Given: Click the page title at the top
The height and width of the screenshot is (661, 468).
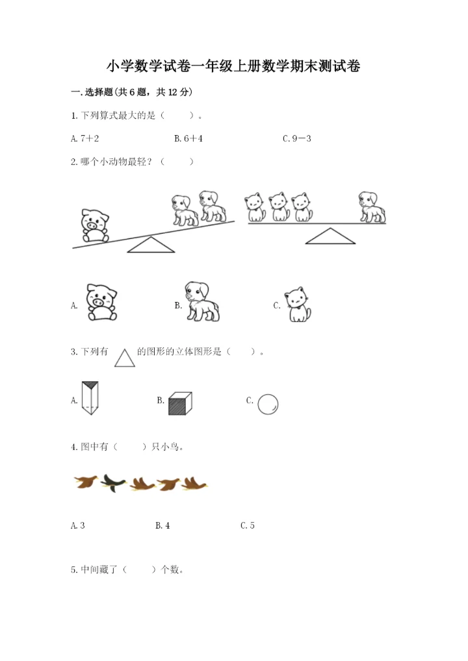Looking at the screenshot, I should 234,66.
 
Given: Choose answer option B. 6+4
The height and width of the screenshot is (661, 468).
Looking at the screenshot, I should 188,138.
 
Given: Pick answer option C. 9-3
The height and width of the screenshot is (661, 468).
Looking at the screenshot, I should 297,138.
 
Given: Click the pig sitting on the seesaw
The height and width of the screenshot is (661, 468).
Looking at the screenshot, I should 95,225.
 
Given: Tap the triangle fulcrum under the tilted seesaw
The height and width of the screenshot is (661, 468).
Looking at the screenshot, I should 151,245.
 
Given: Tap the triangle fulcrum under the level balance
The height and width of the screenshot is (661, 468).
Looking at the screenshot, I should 330,236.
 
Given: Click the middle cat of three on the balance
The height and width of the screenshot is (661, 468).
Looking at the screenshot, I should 279,207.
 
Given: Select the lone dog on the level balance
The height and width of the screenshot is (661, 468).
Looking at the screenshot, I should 372,206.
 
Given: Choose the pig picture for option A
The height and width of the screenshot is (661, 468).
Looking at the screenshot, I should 101,301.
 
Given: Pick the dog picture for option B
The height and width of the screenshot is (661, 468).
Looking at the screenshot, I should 201,301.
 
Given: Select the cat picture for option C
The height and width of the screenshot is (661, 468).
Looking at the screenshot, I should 299,304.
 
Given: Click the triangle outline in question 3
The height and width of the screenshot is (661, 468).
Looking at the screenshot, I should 125,356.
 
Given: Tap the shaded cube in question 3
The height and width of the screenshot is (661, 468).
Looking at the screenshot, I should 179,403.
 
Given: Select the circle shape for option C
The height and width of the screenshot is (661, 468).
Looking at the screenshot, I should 268,404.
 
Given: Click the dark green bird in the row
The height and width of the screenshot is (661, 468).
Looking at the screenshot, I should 113,482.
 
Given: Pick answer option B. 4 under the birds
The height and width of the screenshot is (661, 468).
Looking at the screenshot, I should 162,525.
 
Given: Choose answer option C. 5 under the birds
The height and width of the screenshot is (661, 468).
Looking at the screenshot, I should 248,525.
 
